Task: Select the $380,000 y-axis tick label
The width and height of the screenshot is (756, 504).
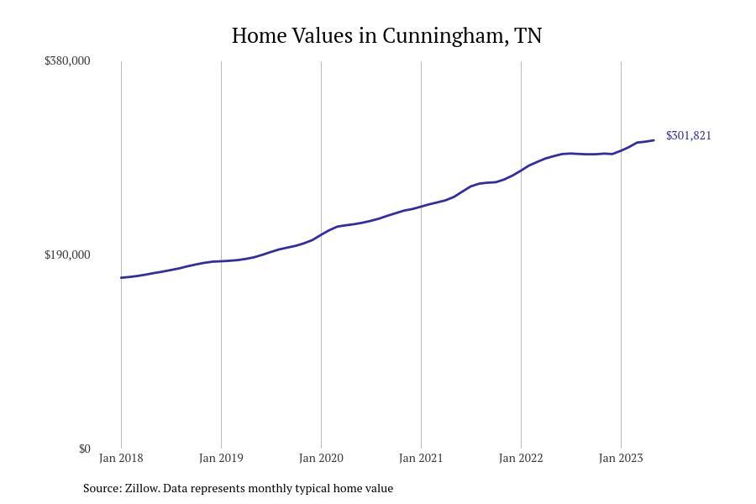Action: (x=67, y=60)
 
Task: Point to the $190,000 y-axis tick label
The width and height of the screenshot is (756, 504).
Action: (x=67, y=255)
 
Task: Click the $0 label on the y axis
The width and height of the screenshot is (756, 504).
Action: (x=84, y=449)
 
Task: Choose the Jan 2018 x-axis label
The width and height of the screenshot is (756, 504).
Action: (x=121, y=458)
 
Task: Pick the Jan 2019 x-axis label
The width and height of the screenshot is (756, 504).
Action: (x=221, y=458)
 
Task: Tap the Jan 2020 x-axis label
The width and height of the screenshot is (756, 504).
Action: (x=321, y=458)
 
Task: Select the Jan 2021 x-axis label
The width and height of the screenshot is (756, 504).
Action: (x=421, y=458)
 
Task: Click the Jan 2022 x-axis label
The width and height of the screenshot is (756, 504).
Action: (x=521, y=458)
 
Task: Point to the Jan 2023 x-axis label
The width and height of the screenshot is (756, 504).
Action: (x=621, y=458)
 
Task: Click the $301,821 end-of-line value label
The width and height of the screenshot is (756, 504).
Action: (x=689, y=135)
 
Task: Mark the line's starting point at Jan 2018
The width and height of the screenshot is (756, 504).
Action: (x=121, y=277)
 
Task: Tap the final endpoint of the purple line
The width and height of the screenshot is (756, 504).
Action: (x=654, y=140)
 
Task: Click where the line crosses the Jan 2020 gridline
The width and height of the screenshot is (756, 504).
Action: (x=321, y=235)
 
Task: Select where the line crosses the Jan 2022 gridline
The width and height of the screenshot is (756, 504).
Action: (x=521, y=171)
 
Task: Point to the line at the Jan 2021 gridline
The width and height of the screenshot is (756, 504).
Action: (x=421, y=207)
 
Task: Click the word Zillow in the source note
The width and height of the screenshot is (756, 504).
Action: (x=142, y=488)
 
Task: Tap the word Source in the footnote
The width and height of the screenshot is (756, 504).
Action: (x=102, y=488)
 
